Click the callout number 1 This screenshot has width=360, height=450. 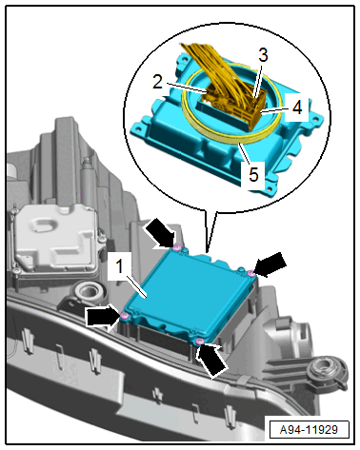pyautogui.click(x=119, y=266)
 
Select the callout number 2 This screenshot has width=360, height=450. pyautogui.click(x=157, y=82)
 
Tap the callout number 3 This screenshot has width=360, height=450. pyautogui.click(x=263, y=55)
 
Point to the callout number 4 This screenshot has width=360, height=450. pyautogui.click(x=297, y=108)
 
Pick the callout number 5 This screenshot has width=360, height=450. pyautogui.click(x=253, y=175)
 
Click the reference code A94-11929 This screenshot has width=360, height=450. pyautogui.click(x=309, y=429)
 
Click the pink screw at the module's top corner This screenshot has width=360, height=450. pyautogui.click(x=177, y=247)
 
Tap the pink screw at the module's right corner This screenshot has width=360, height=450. pyautogui.click(x=251, y=273)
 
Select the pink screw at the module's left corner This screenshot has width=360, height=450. pyautogui.click(x=125, y=315)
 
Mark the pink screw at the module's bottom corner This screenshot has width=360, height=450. pyautogui.click(x=199, y=342)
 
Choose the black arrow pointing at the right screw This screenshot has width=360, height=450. pyautogui.click(x=270, y=264)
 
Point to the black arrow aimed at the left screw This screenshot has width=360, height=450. pyautogui.click(x=103, y=317)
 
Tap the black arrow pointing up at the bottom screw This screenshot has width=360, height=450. pyautogui.click(x=212, y=361)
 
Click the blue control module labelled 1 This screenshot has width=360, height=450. pyautogui.click(x=188, y=297)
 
